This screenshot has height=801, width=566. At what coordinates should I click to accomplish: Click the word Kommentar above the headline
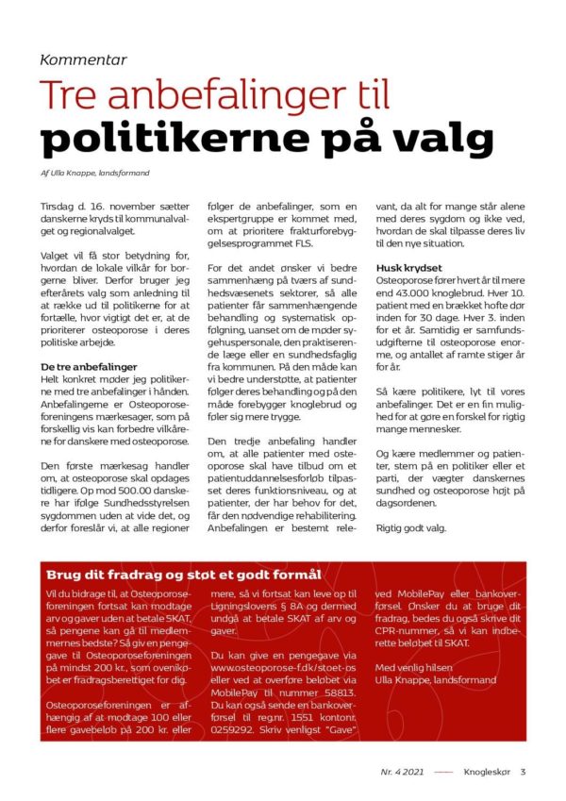point(83,59)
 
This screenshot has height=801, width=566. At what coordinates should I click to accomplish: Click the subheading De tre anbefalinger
point(89,365)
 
